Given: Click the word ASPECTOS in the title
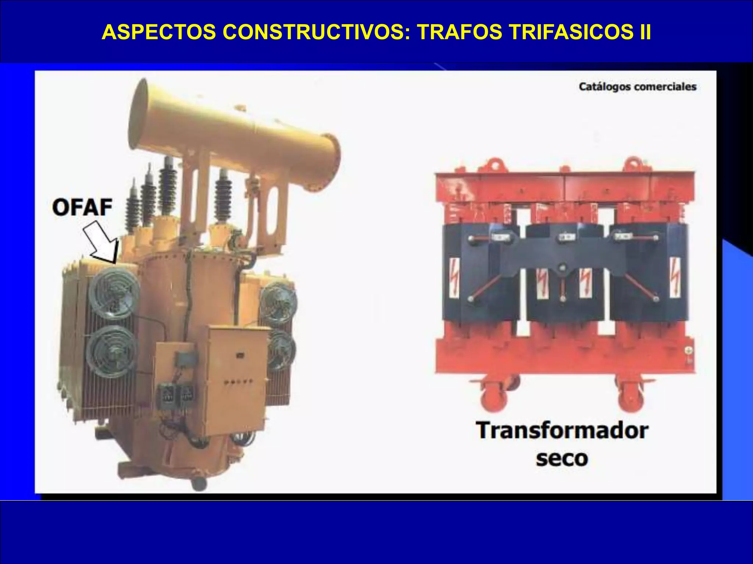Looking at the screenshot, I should [x=159, y=32].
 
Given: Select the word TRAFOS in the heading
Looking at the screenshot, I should [x=459, y=32].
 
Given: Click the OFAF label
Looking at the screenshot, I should [x=82, y=207].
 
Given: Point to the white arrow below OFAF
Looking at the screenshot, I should [x=101, y=242].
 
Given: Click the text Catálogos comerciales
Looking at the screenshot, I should [x=638, y=87].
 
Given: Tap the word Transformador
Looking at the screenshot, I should [x=561, y=430].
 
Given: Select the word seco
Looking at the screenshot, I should [x=561, y=459].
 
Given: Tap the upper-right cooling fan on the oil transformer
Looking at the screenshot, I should [x=278, y=303].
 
